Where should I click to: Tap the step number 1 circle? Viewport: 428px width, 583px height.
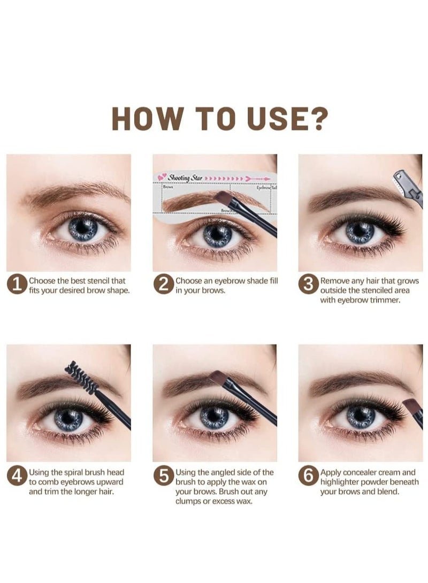pyautogui.click(x=17, y=285)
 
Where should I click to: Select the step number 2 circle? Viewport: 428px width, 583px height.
pyautogui.click(x=163, y=285)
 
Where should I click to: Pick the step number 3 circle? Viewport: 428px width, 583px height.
pyautogui.click(x=309, y=285)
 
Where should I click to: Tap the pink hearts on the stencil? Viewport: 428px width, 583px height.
pyautogui.click(x=162, y=177)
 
